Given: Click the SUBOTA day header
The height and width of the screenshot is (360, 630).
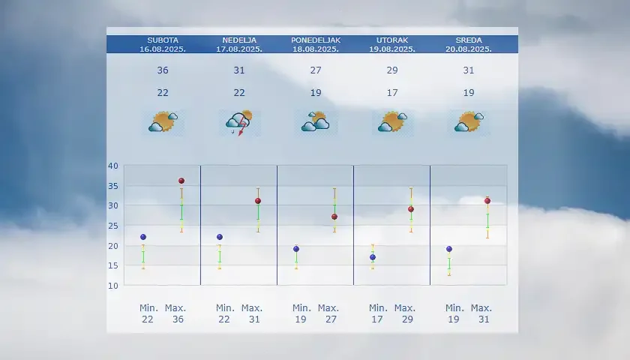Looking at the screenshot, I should tap(163, 40).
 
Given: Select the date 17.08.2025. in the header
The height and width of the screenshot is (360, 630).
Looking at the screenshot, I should tap(239, 49).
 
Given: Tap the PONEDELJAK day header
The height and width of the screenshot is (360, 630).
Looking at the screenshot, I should tap(316, 40).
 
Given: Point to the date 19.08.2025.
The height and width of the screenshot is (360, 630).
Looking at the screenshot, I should tap(392, 49).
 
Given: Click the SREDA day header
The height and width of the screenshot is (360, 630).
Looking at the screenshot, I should tap(469, 40).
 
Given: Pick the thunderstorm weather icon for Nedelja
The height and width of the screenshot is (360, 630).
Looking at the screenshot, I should tap(239, 121).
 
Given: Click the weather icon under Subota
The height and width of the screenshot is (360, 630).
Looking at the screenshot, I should tap(163, 121).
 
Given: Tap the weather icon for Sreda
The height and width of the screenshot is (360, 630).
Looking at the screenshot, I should tap(469, 121).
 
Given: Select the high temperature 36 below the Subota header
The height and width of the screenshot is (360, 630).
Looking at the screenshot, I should tap(163, 70).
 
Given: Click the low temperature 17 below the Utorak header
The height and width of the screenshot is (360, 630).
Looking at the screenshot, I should tap(392, 93).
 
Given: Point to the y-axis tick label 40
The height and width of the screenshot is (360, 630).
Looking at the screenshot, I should tap(112, 166).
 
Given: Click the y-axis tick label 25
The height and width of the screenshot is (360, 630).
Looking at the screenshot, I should tap(112, 226).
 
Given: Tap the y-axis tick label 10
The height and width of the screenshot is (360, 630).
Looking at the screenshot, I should tap(112, 286).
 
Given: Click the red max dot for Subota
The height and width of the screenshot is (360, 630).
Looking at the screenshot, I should tap(181, 181).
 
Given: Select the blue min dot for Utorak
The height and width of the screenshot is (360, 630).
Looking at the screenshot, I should tap(373, 257).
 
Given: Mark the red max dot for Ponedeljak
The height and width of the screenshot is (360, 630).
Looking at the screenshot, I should tap(334, 217).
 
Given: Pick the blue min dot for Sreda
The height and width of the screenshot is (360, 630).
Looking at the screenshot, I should tap(449, 249).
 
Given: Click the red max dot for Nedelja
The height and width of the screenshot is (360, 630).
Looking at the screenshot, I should tap(258, 201).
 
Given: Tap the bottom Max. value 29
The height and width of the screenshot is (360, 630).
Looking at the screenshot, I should tap(405, 319).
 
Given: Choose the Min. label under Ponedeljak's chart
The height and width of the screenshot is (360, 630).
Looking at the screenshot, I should tap(301, 308).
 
